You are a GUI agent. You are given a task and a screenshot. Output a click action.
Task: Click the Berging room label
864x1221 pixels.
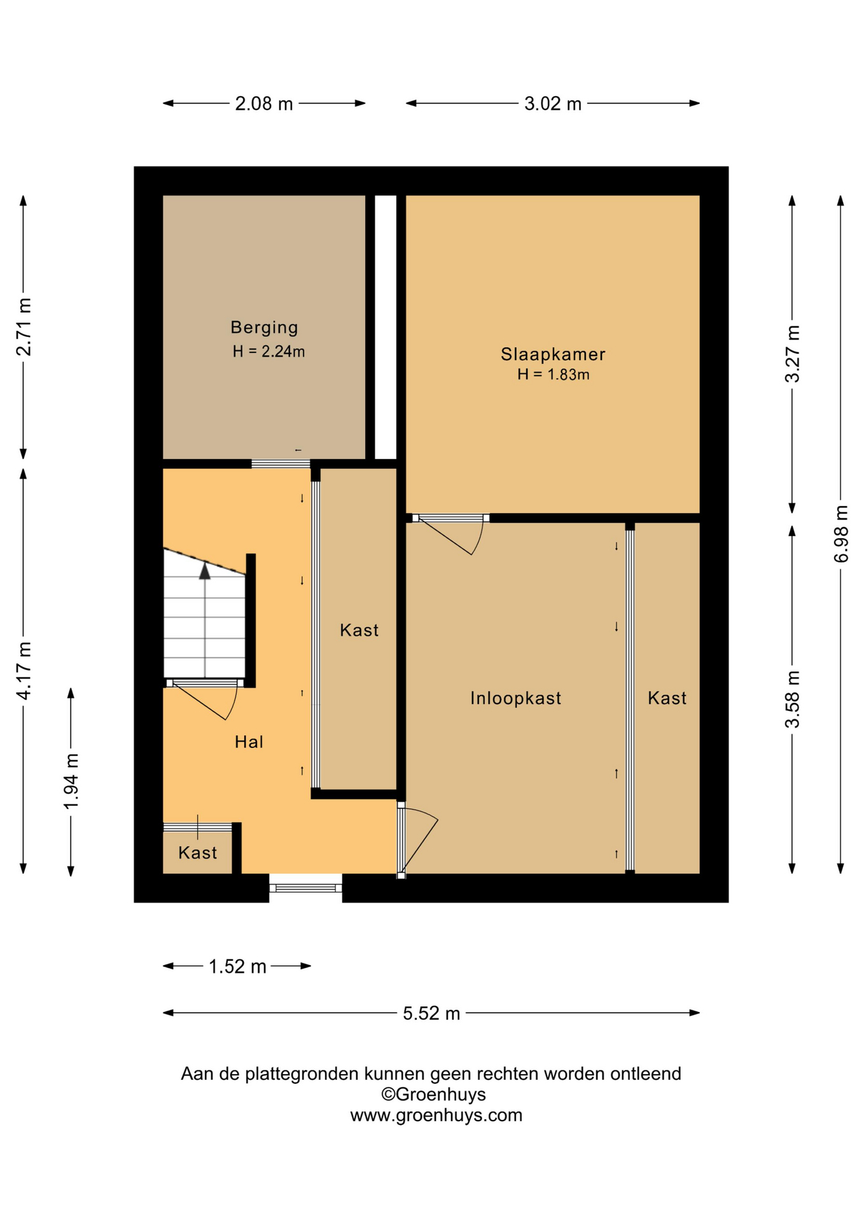tap(264, 328)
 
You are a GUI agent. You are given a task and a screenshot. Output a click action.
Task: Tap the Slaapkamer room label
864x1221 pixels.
tap(553, 354)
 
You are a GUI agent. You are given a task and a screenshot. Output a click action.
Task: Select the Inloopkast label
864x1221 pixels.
tap(516, 698)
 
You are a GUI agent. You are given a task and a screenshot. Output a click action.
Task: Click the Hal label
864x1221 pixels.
tap(249, 742)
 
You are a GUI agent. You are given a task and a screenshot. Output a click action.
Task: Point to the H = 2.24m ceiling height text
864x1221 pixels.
tap(268, 351)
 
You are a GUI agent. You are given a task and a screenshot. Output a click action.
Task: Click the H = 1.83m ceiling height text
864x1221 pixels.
tap(554, 375)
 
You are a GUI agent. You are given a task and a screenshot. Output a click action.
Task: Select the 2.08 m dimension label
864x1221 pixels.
tap(264, 104)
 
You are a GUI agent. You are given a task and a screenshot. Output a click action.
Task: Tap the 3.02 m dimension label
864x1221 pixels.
tap(553, 104)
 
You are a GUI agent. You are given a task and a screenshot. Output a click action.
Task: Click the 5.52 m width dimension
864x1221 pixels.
tap(431, 1013)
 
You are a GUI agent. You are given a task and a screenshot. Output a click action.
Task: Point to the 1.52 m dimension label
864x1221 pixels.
tap(237, 967)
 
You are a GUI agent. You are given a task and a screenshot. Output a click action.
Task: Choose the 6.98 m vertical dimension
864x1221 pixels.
tap(841, 534)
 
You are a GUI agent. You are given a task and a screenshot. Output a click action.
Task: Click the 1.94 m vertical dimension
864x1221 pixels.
tap(71, 782)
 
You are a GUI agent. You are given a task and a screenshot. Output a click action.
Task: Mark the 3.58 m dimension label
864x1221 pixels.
tap(793, 699)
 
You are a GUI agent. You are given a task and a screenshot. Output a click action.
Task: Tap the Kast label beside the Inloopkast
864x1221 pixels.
tap(667, 698)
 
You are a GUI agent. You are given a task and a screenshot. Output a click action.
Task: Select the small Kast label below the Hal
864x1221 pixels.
tap(198, 853)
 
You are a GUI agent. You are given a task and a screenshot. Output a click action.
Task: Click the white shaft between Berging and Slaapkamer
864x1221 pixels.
tap(386, 327)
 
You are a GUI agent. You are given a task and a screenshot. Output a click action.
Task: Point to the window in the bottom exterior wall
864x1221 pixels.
tap(306, 888)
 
